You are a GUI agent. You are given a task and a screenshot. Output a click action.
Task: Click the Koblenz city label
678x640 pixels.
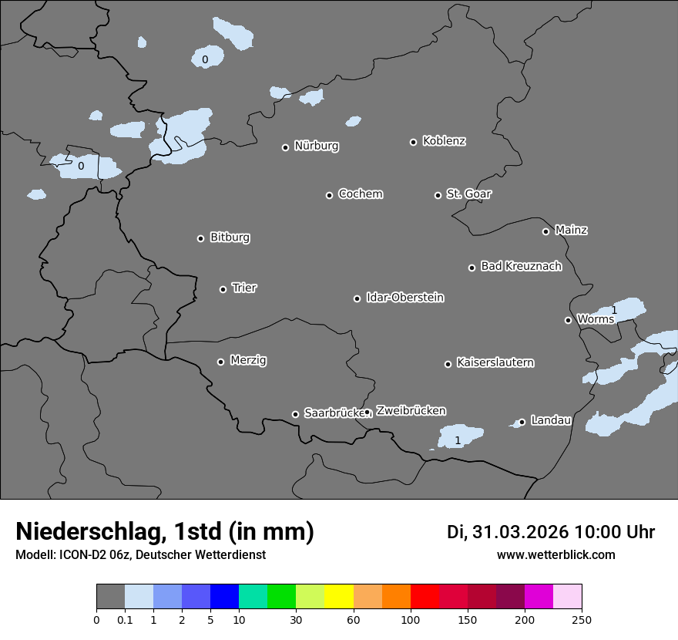click(444, 141)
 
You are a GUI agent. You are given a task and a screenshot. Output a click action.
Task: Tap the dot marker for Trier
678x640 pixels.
click(223, 289)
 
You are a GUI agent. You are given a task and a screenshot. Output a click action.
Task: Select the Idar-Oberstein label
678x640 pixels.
click(404, 298)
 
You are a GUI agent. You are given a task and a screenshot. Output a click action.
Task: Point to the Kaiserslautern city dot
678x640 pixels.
click(448, 364)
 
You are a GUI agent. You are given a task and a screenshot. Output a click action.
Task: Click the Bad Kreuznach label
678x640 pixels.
click(521, 266)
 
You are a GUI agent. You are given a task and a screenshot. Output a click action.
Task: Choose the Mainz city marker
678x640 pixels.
click(545, 231)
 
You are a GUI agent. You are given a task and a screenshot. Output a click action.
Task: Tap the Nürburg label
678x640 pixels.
click(316, 146)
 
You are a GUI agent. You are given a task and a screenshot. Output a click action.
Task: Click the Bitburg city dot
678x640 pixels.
click(201, 238)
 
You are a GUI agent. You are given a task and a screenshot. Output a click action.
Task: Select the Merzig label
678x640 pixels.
click(248, 360)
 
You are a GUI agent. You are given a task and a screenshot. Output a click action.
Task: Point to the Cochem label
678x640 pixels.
click(360, 194)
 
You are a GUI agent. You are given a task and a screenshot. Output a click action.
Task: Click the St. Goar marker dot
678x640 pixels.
click(438, 195)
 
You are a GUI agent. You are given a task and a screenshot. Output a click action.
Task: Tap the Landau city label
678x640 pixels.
click(551, 420)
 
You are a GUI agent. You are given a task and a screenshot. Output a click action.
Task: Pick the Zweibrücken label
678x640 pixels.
click(411, 411)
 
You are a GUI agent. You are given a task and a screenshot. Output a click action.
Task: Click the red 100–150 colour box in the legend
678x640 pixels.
click(425, 597)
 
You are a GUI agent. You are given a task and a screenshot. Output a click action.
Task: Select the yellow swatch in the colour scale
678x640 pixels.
click(339, 597)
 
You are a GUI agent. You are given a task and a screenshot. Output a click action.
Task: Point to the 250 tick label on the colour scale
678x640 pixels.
click(582, 619)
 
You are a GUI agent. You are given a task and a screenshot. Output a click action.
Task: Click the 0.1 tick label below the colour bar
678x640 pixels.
click(125, 619)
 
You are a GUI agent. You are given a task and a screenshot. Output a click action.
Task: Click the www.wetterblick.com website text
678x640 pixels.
click(555, 554)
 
